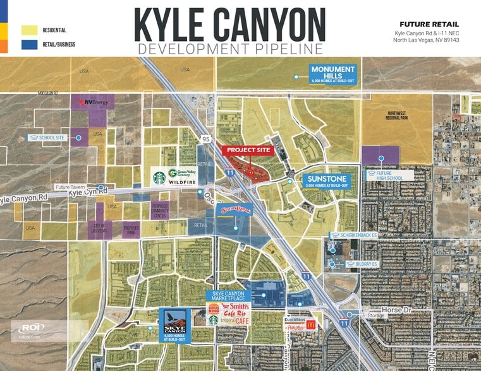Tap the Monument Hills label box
[332, 74]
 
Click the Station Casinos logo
[234, 209]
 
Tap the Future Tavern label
[71, 187]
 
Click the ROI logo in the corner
[30, 328]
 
